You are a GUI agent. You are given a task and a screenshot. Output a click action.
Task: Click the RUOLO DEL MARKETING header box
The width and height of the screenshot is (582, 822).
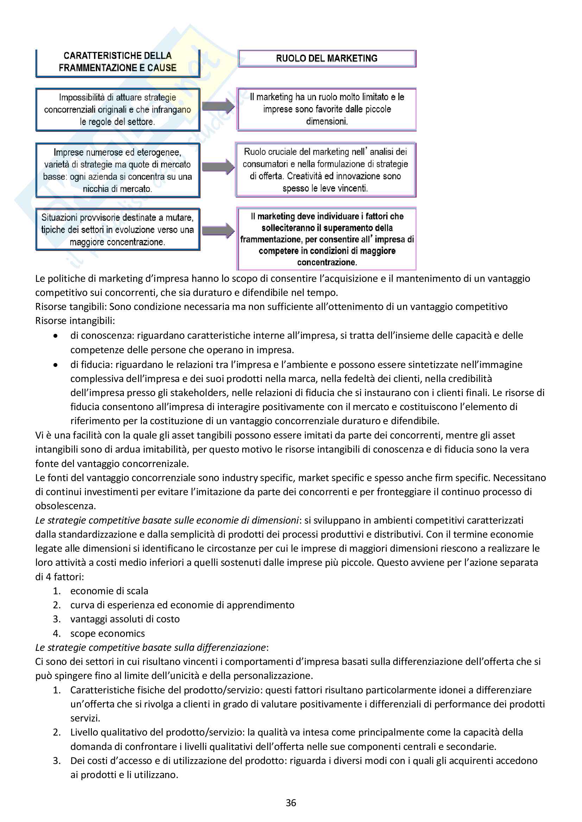tap(327, 58)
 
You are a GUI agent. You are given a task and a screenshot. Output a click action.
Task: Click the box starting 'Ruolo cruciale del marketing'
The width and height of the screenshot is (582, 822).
tap(325, 170)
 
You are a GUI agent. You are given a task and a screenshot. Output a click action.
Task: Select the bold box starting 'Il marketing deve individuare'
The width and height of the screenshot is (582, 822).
tap(327, 239)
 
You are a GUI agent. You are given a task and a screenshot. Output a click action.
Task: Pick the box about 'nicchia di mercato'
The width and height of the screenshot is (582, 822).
tap(118, 170)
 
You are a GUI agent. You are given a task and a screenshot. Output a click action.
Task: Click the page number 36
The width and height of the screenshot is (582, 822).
tap(291, 803)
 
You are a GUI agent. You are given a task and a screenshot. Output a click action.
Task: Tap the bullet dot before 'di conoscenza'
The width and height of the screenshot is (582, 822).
tap(55, 336)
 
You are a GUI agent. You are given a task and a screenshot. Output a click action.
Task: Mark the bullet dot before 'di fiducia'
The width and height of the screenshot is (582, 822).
tap(55, 365)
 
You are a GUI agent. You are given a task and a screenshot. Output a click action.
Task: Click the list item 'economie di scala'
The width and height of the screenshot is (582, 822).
tap(109, 591)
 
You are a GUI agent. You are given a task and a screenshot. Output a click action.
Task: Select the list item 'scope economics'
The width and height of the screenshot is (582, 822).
tap(108, 633)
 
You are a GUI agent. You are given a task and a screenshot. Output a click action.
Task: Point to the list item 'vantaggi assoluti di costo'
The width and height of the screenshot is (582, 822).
tap(125, 619)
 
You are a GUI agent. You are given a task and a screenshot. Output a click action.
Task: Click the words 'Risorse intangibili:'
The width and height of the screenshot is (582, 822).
tap(75, 321)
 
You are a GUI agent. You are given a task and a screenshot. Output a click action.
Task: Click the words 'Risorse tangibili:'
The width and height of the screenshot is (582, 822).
tap(71, 307)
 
